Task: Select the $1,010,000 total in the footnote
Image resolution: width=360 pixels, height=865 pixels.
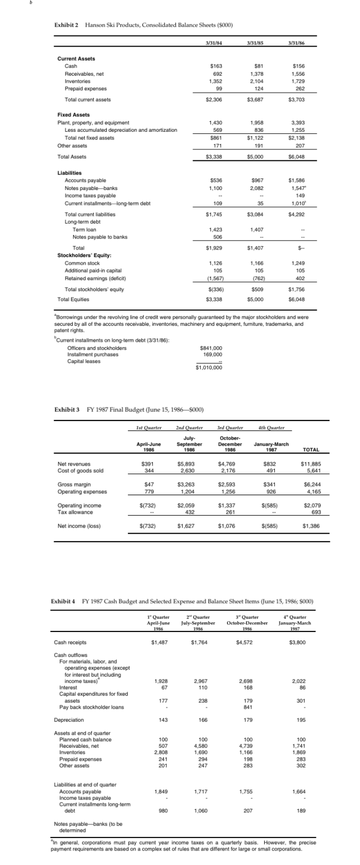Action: pyautogui.click(x=209, y=368)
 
